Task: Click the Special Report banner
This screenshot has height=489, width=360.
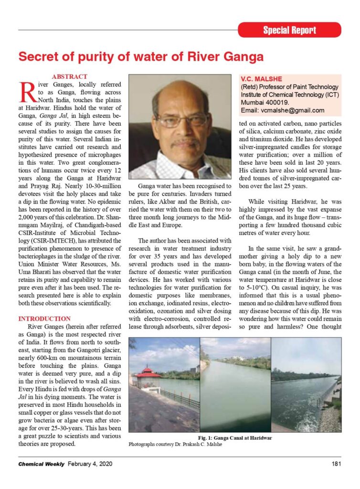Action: [x=289, y=30]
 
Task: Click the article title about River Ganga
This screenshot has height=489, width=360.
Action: [x=141, y=57]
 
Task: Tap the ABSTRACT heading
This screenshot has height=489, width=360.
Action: [x=69, y=76]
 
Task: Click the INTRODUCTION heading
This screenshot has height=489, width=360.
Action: [x=44, y=319]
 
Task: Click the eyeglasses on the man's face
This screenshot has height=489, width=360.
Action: [x=181, y=119]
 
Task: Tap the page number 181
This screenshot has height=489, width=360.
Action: [x=335, y=463]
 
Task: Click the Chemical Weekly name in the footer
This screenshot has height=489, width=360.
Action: [x=42, y=463]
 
